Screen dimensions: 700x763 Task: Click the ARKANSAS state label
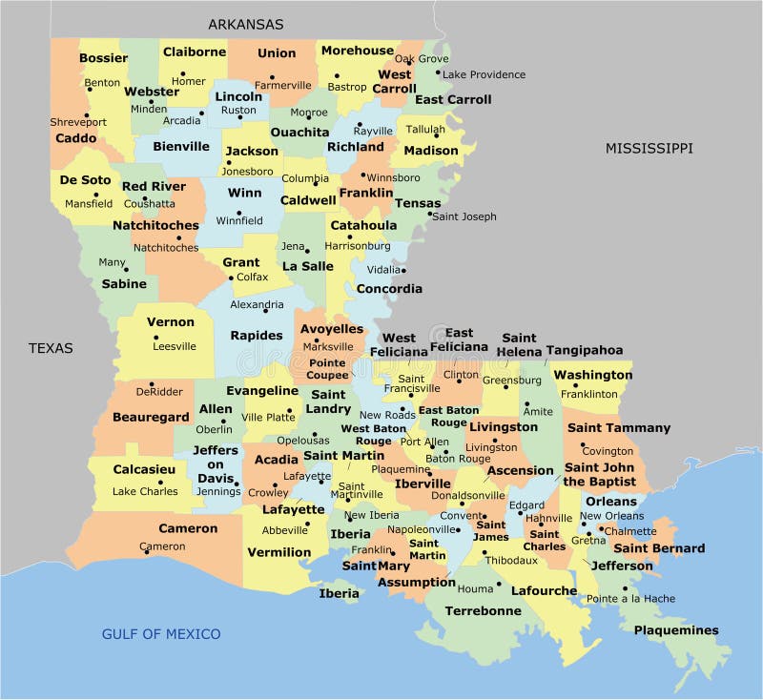pyautogui.click(x=245, y=24)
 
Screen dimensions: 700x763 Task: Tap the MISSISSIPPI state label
pyautogui.click(x=649, y=148)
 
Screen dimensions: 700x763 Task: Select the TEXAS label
pyautogui.click(x=51, y=348)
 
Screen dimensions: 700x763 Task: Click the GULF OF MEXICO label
pyautogui.click(x=161, y=634)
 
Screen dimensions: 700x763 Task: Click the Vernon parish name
pyautogui.click(x=171, y=321)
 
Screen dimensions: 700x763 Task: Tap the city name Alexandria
pyautogui.click(x=257, y=305)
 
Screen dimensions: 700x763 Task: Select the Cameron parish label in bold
pyautogui.click(x=188, y=528)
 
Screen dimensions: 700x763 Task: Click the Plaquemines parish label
pyautogui.click(x=676, y=630)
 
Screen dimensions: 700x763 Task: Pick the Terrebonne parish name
pyautogui.click(x=483, y=611)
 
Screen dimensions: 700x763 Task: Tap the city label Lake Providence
pyautogui.click(x=484, y=74)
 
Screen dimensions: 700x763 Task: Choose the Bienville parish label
pyautogui.click(x=180, y=147)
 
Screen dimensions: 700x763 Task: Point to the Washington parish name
pyautogui.click(x=592, y=375)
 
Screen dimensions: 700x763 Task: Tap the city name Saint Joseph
pyautogui.click(x=464, y=216)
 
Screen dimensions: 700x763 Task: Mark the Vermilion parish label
pyautogui.click(x=278, y=552)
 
